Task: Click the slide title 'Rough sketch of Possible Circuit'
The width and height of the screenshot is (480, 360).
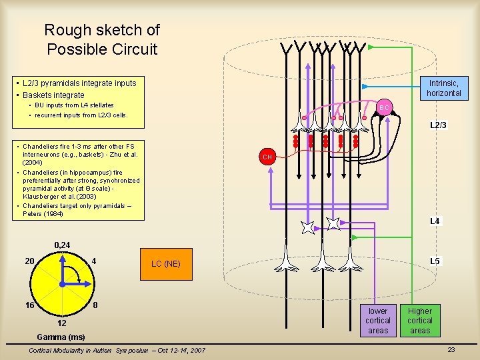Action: click(102, 39)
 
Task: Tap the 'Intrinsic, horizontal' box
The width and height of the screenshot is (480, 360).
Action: click(443, 88)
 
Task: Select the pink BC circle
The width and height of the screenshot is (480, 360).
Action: click(384, 107)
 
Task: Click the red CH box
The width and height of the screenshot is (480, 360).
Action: click(267, 157)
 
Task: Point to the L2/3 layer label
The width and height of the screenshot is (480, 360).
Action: click(438, 125)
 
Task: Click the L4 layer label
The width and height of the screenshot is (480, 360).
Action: click(434, 221)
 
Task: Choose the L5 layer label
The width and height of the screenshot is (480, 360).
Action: click(434, 261)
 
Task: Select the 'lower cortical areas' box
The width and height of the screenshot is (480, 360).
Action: click(378, 321)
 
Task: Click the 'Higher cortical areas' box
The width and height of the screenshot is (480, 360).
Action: click(420, 321)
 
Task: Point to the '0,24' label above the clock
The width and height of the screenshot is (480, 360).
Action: click(61, 246)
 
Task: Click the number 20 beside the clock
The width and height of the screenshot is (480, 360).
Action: click(29, 261)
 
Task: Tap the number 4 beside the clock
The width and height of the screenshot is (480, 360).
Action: click(95, 261)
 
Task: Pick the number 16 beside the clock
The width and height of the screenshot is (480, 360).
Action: click(29, 305)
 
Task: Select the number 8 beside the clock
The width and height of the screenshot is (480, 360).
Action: click(95, 305)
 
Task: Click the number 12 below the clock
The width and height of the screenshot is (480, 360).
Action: click(62, 323)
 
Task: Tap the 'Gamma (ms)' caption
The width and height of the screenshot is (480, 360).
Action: click(61, 337)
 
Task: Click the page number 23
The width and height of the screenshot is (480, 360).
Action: click(451, 350)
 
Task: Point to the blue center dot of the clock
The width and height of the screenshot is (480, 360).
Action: click(61, 284)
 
